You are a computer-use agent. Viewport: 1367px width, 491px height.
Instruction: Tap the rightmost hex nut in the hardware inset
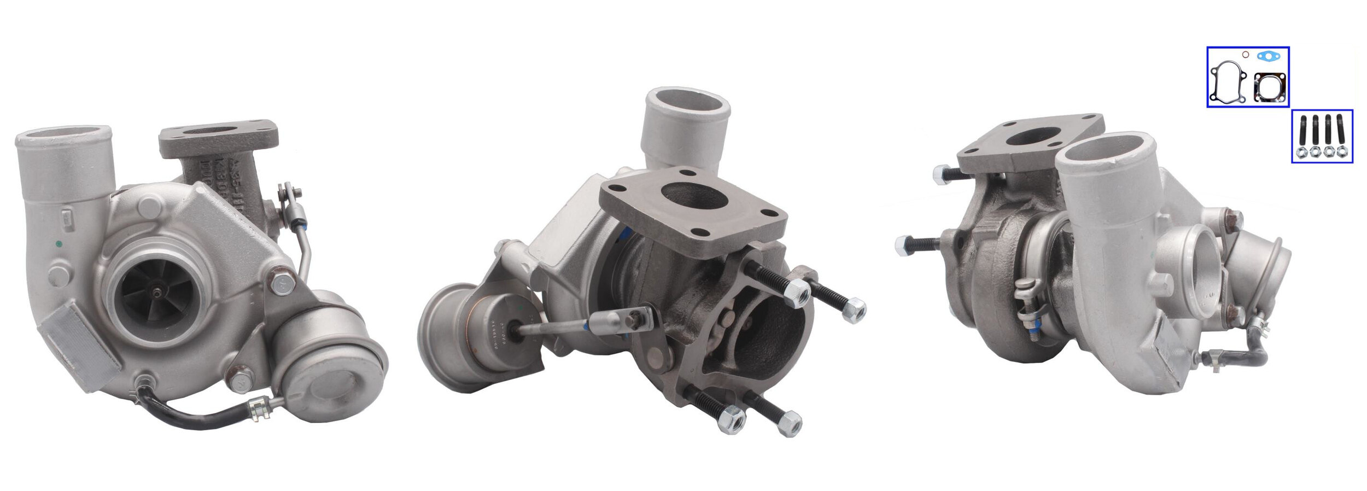(1341, 152)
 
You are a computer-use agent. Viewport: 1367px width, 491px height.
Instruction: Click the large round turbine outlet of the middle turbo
(766, 328)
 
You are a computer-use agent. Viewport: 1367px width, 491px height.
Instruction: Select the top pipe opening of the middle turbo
(688, 104)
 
